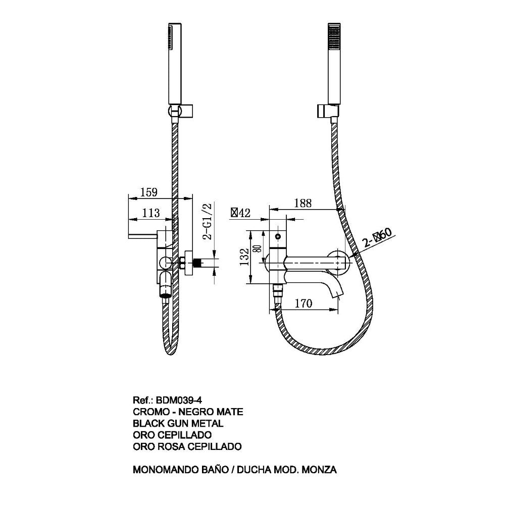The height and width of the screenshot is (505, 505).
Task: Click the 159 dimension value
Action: click(149, 192)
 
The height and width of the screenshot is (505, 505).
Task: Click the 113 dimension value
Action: click(150, 213)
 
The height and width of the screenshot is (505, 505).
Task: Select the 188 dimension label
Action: click(303, 203)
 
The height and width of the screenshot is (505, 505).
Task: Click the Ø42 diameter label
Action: click(241, 213)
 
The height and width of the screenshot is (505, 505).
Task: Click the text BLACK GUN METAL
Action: click(178, 424)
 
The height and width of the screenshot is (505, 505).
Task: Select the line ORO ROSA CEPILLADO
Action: click(187, 446)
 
